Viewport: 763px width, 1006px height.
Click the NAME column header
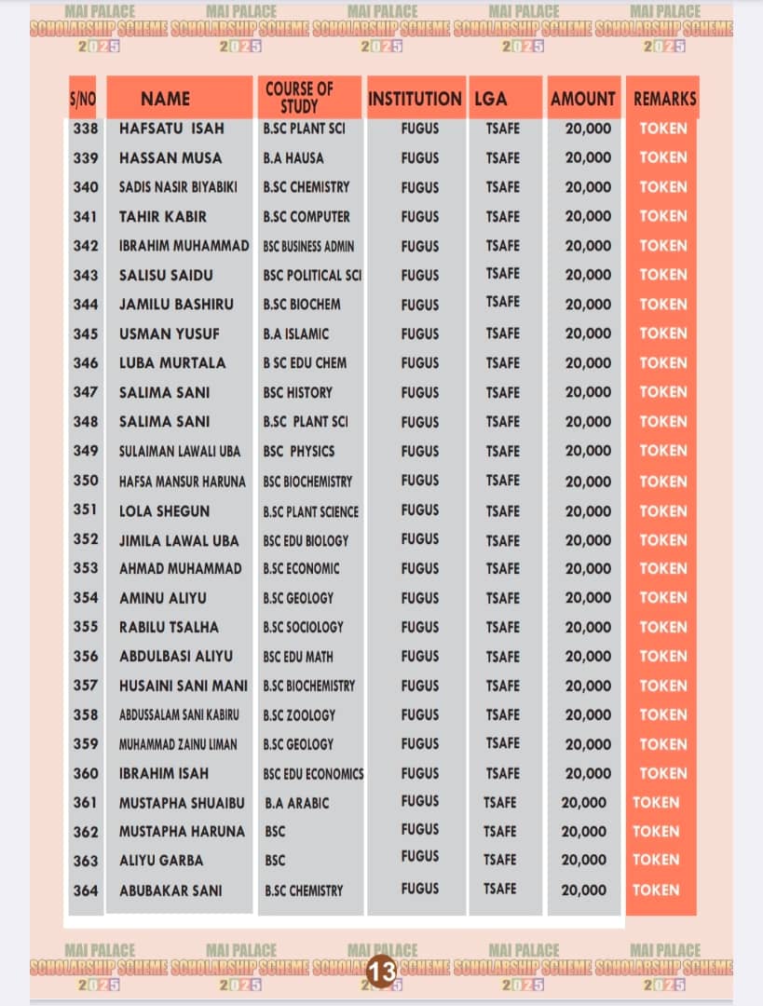coord(166,99)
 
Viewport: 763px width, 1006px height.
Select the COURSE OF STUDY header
coord(299,98)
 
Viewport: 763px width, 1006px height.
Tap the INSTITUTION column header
coord(415,99)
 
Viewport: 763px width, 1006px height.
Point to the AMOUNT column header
coord(583,99)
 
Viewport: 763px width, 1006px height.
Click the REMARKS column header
coord(664,99)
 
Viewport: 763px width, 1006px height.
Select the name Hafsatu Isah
coord(171,129)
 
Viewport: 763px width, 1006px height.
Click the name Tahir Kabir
coord(163,216)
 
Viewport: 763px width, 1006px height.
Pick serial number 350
coord(86,481)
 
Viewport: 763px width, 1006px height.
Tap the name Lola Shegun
coord(165,510)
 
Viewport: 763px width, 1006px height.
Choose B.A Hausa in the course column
coord(293,157)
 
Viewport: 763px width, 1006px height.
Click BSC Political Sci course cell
coord(312,275)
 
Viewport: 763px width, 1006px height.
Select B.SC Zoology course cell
coord(299,714)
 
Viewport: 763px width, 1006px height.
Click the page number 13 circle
coord(382,971)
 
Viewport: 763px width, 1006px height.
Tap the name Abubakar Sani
coord(170,890)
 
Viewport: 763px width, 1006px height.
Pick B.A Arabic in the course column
coord(296,802)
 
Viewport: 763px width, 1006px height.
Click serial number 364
coord(86,890)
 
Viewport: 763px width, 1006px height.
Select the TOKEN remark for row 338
coord(662,129)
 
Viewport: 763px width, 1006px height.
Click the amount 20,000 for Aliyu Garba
coord(583,860)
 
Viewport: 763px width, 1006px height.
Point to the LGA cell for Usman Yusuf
coord(503,333)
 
